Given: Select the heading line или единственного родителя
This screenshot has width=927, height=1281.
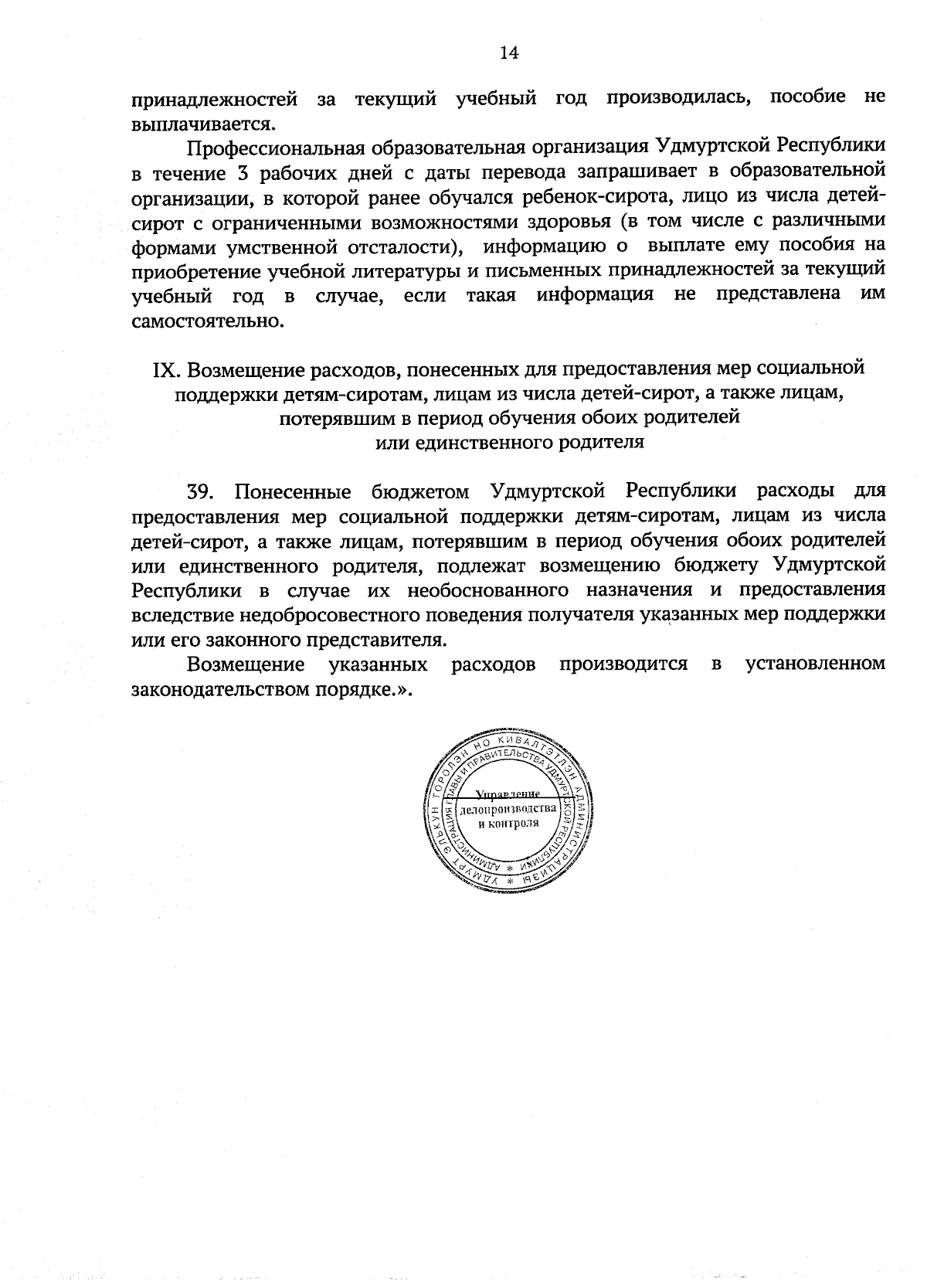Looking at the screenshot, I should pos(509,443).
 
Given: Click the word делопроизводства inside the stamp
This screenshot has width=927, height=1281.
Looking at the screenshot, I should pos(507,809).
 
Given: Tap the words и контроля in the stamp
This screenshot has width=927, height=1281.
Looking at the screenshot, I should pos(507,823).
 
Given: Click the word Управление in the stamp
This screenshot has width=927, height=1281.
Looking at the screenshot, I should pos(507,794).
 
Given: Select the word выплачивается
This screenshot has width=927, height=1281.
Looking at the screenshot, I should pos(203,123).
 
